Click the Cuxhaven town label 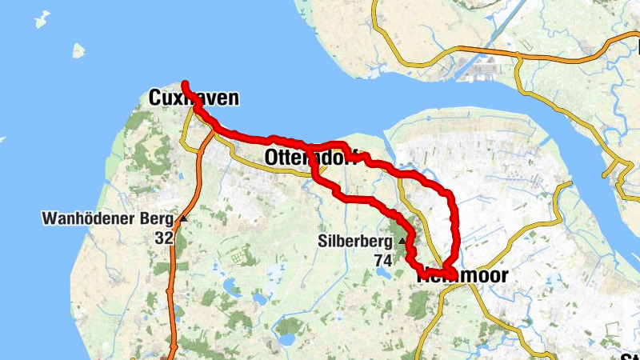[x=194, y=98]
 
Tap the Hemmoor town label [x=462, y=275]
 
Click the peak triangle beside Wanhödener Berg [x=183, y=218]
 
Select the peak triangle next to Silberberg [x=401, y=240]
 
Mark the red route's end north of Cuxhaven [x=185, y=83]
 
